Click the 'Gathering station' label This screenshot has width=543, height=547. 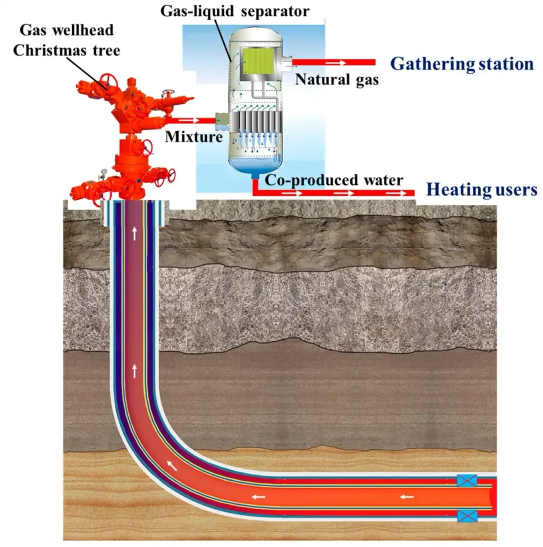pyautogui.click(x=462, y=64)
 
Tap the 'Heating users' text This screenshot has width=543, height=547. pyautogui.click(x=481, y=190)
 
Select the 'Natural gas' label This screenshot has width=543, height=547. pyautogui.click(x=336, y=81)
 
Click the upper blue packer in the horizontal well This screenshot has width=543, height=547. pyautogui.click(x=466, y=480)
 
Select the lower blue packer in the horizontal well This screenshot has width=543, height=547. pyautogui.click(x=466, y=516)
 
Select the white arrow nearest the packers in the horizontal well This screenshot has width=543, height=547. pyautogui.click(x=407, y=498)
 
